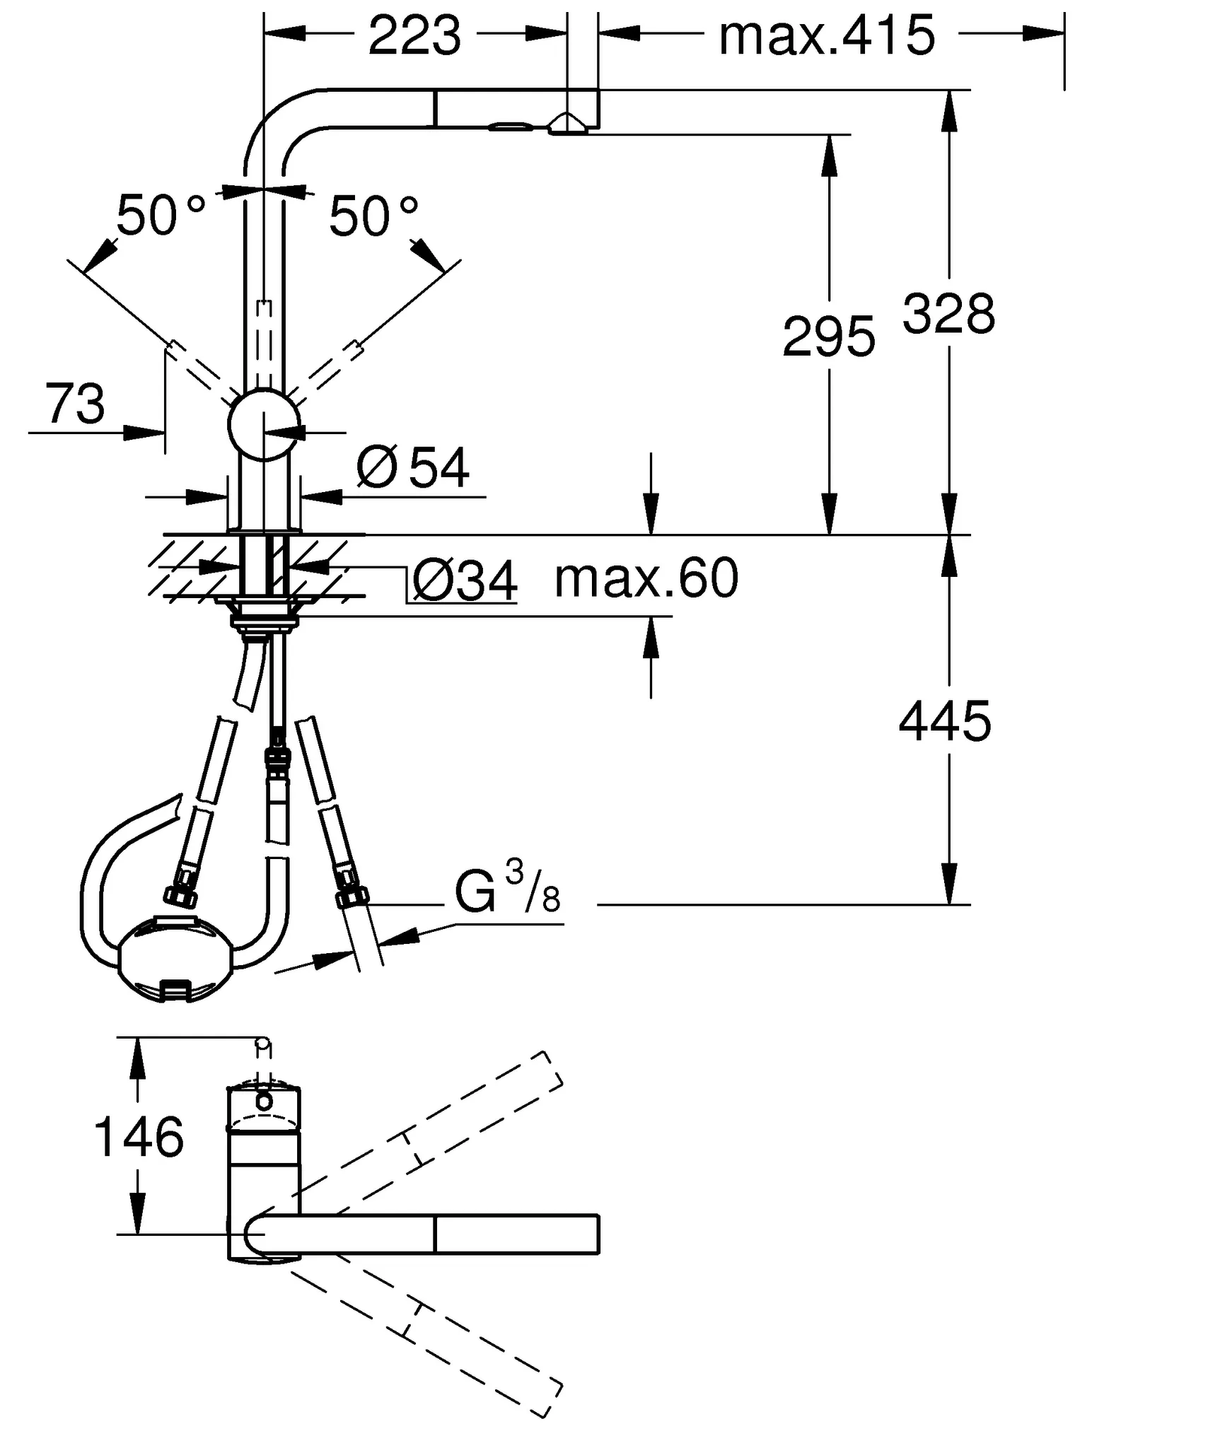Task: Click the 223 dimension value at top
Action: click(x=414, y=36)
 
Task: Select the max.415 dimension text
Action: click(x=826, y=36)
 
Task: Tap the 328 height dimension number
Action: click(x=948, y=314)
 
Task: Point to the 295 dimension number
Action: click(x=828, y=337)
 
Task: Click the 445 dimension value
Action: click(x=944, y=722)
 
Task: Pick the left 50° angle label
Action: click(x=160, y=216)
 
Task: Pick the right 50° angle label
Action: click(x=373, y=216)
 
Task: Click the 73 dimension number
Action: click(x=74, y=404)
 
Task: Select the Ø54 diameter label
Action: click(x=413, y=467)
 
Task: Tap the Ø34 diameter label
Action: click(x=464, y=581)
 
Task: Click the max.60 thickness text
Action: click(x=646, y=578)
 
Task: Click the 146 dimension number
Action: click(x=139, y=1137)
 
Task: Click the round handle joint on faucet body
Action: click(x=262, y=425)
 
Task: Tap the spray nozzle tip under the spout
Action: click(x=567, y=125)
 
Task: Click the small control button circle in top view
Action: click(x=264, y=1101)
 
